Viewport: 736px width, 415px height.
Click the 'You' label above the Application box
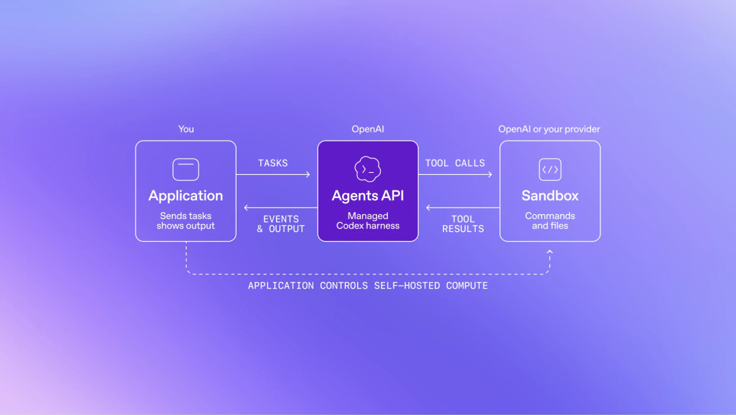186,129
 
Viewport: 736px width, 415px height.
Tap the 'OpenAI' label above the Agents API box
368,129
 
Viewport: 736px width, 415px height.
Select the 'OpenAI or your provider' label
549,129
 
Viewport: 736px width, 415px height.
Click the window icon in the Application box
186,169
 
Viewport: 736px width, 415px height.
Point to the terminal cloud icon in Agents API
368,169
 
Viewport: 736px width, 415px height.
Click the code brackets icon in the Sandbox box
550,169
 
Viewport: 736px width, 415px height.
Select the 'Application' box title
186,195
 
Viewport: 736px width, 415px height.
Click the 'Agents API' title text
368,195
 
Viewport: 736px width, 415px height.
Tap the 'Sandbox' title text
550,195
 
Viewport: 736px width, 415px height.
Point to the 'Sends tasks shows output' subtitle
186,221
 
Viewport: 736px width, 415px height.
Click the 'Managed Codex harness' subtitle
368,221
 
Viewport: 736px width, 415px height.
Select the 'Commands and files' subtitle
550,221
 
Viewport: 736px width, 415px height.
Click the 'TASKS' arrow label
273,163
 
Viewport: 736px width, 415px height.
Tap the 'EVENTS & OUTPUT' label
281,224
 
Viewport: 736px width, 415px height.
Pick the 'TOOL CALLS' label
455,163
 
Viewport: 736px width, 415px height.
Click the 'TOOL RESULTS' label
463,224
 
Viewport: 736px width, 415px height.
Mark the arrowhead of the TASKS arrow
309,174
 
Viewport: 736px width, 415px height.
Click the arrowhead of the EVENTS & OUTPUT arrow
246,207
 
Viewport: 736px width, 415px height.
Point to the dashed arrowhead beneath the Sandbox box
550,252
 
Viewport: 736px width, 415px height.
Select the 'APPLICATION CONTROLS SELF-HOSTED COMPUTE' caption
368,286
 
